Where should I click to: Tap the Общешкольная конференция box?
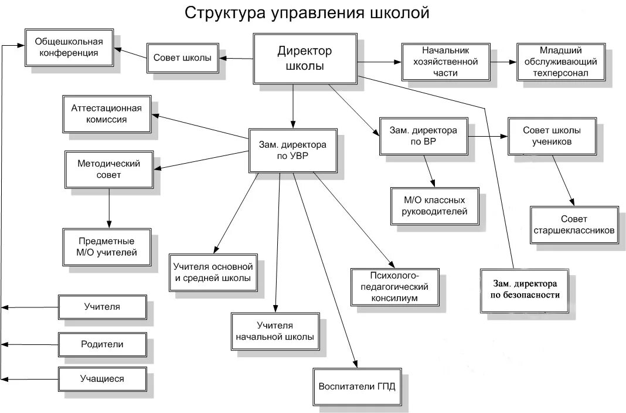69,47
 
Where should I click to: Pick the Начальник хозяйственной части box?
445,61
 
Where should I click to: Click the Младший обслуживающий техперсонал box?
560,61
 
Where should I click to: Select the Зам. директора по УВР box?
292,150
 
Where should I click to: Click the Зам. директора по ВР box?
423,136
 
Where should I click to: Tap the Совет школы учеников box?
552,136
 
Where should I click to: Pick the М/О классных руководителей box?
434,206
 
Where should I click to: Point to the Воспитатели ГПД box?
356,387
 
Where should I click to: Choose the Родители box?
103,344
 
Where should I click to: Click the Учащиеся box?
103,378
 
